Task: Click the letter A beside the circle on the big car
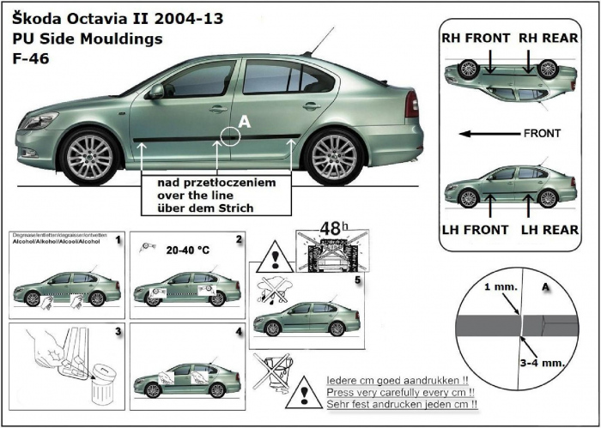point(245,124)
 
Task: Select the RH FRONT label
point(476,39)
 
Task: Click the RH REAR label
point(548,39)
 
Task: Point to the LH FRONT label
point(476,229)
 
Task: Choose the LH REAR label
point(549,229)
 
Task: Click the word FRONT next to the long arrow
point(541,133)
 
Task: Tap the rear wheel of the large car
point(333,155)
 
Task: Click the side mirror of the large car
point(155,91)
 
